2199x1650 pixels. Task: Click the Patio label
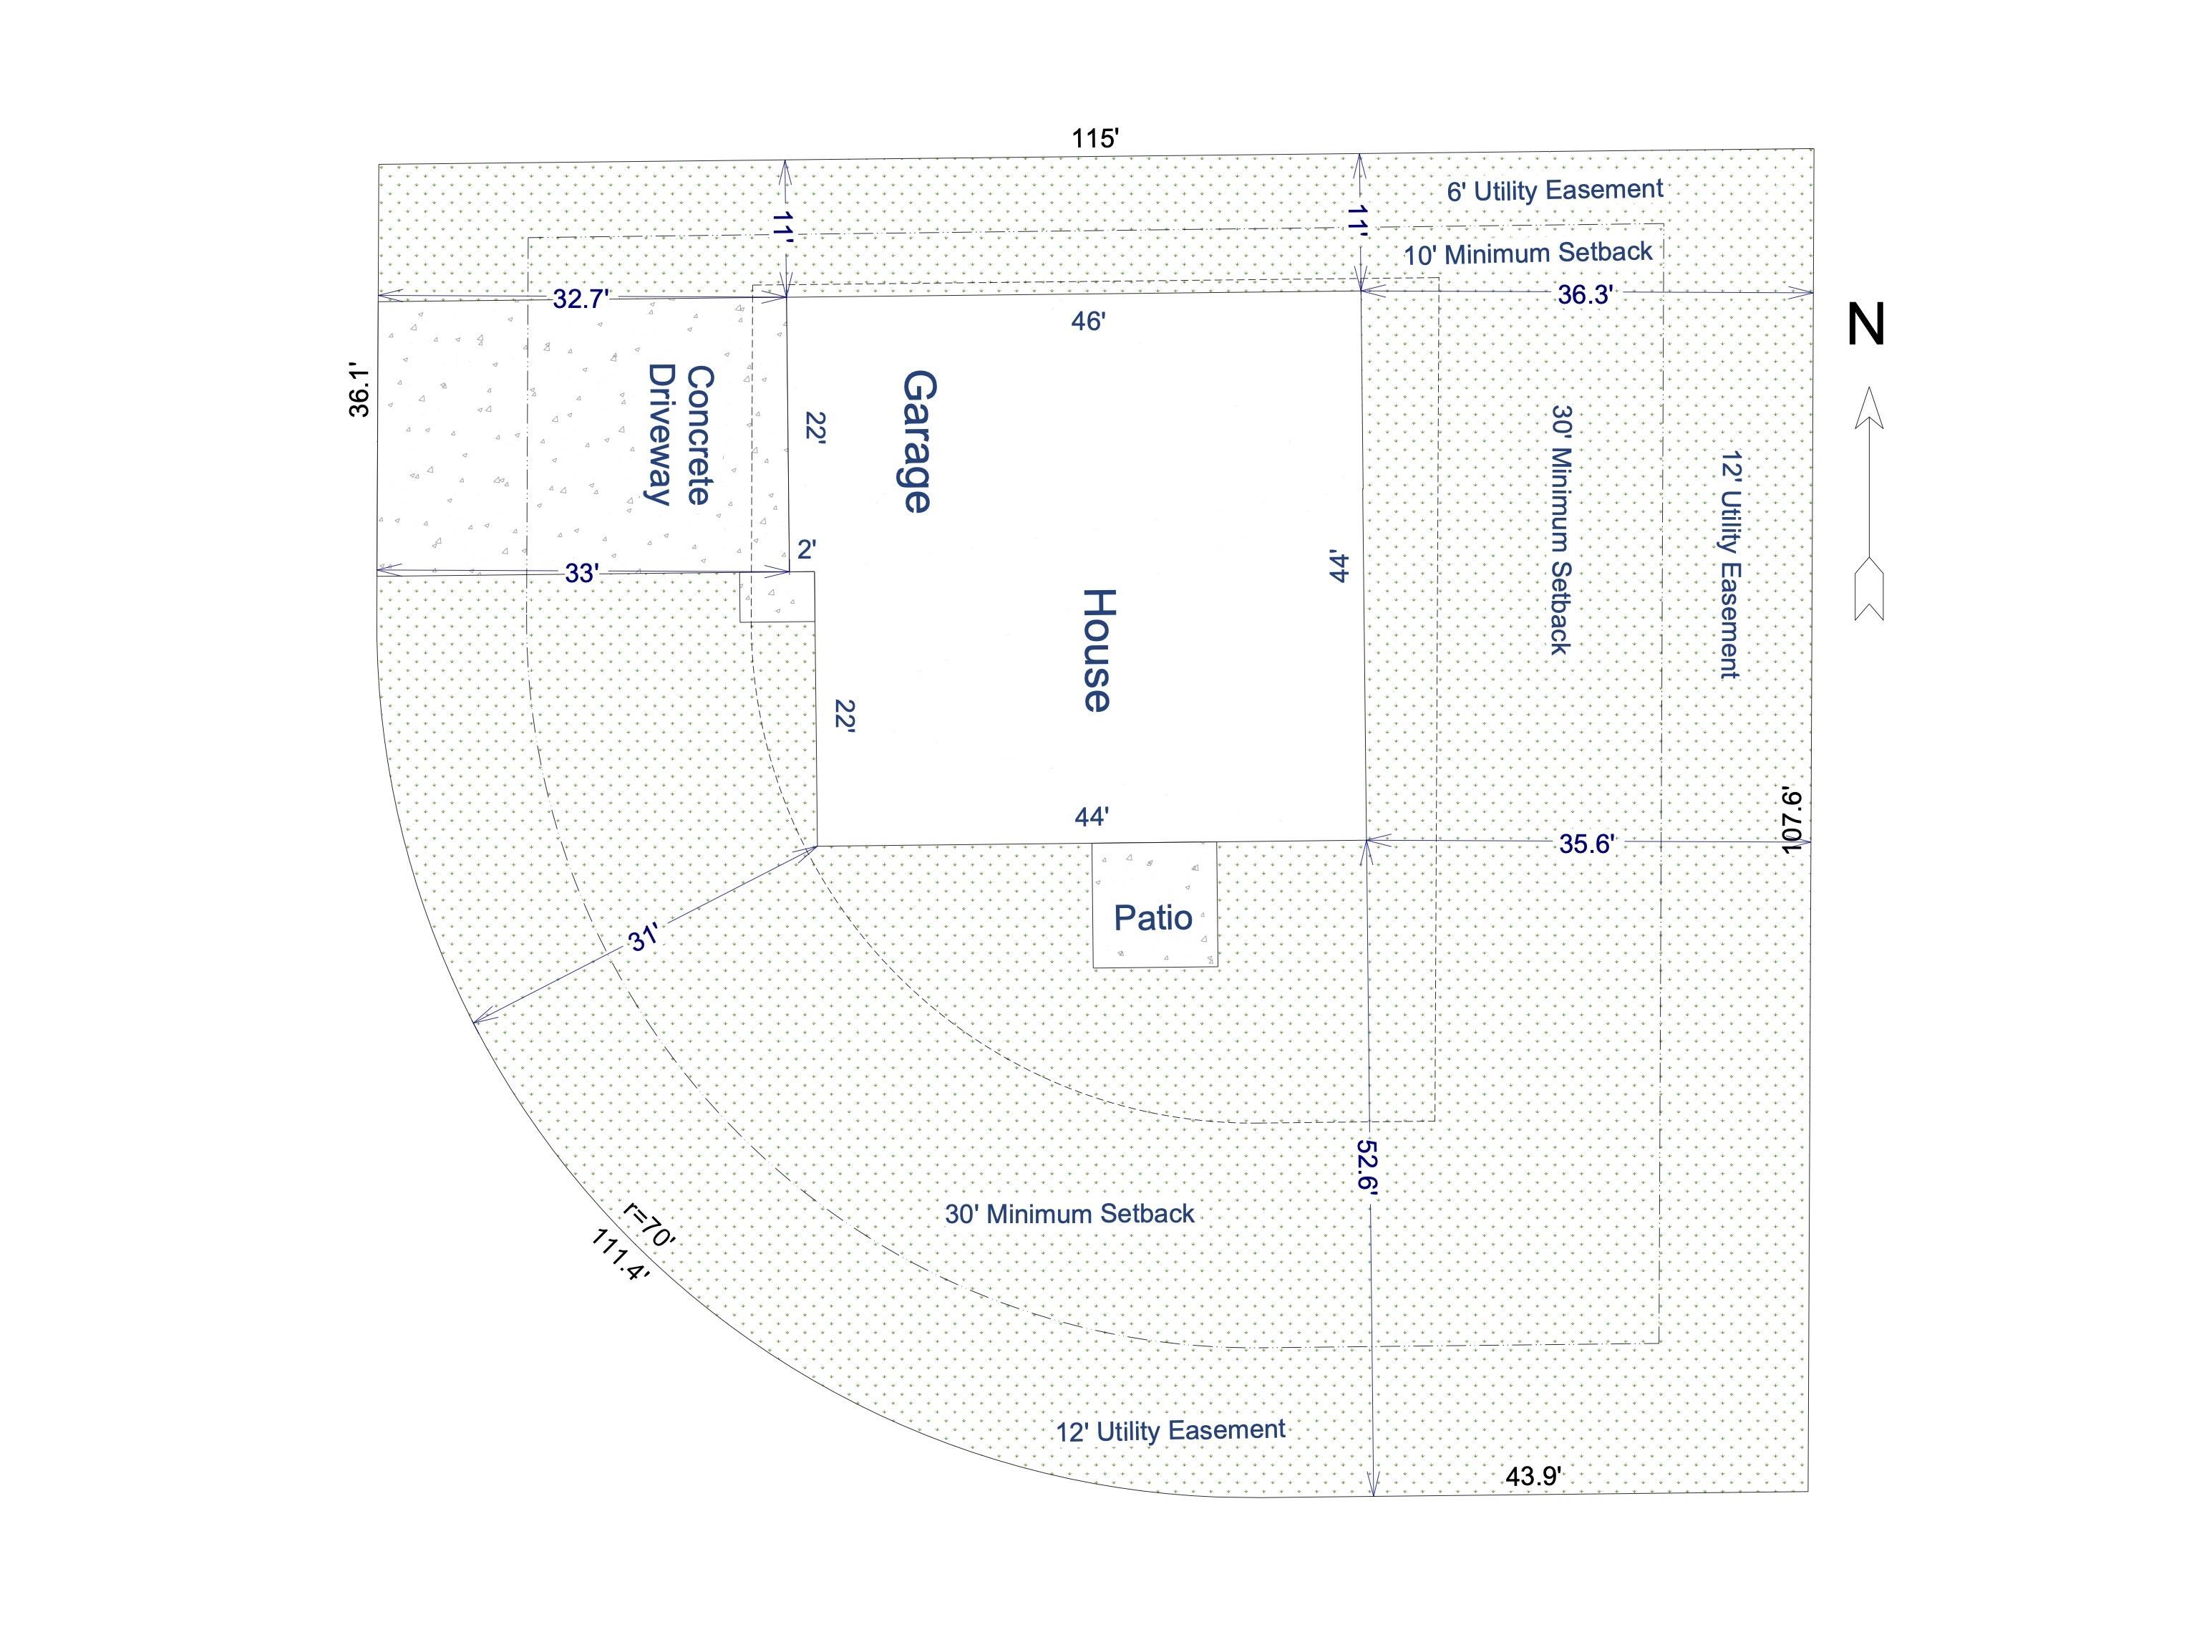1152,917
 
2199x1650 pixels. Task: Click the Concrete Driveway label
681,435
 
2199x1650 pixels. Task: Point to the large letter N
1866,324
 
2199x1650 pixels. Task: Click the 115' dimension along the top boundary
1095,138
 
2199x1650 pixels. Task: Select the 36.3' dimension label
1585,294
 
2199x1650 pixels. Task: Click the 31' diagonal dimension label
644,938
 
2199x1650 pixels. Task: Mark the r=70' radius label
649,1225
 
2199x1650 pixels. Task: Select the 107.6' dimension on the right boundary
1792,821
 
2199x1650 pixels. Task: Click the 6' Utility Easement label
1555,190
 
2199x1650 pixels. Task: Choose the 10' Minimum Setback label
1528,253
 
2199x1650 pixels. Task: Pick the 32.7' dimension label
581,299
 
